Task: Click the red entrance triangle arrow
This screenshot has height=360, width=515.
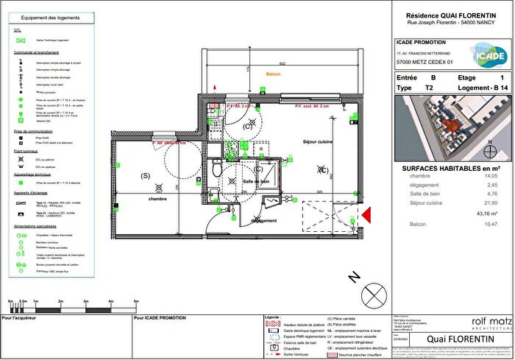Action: pyautogui.click(x=366, y=214)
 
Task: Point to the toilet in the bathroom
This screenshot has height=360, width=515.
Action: pyautogui.click(x=216, y=169)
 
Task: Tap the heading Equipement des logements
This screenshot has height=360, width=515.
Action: pyautogui.click(x=50, y=17)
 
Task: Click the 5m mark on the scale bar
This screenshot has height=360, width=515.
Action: pyautogui.click(x=136, y=302)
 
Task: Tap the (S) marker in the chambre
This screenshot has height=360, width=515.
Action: pyautogui.click(x=146, y=175)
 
